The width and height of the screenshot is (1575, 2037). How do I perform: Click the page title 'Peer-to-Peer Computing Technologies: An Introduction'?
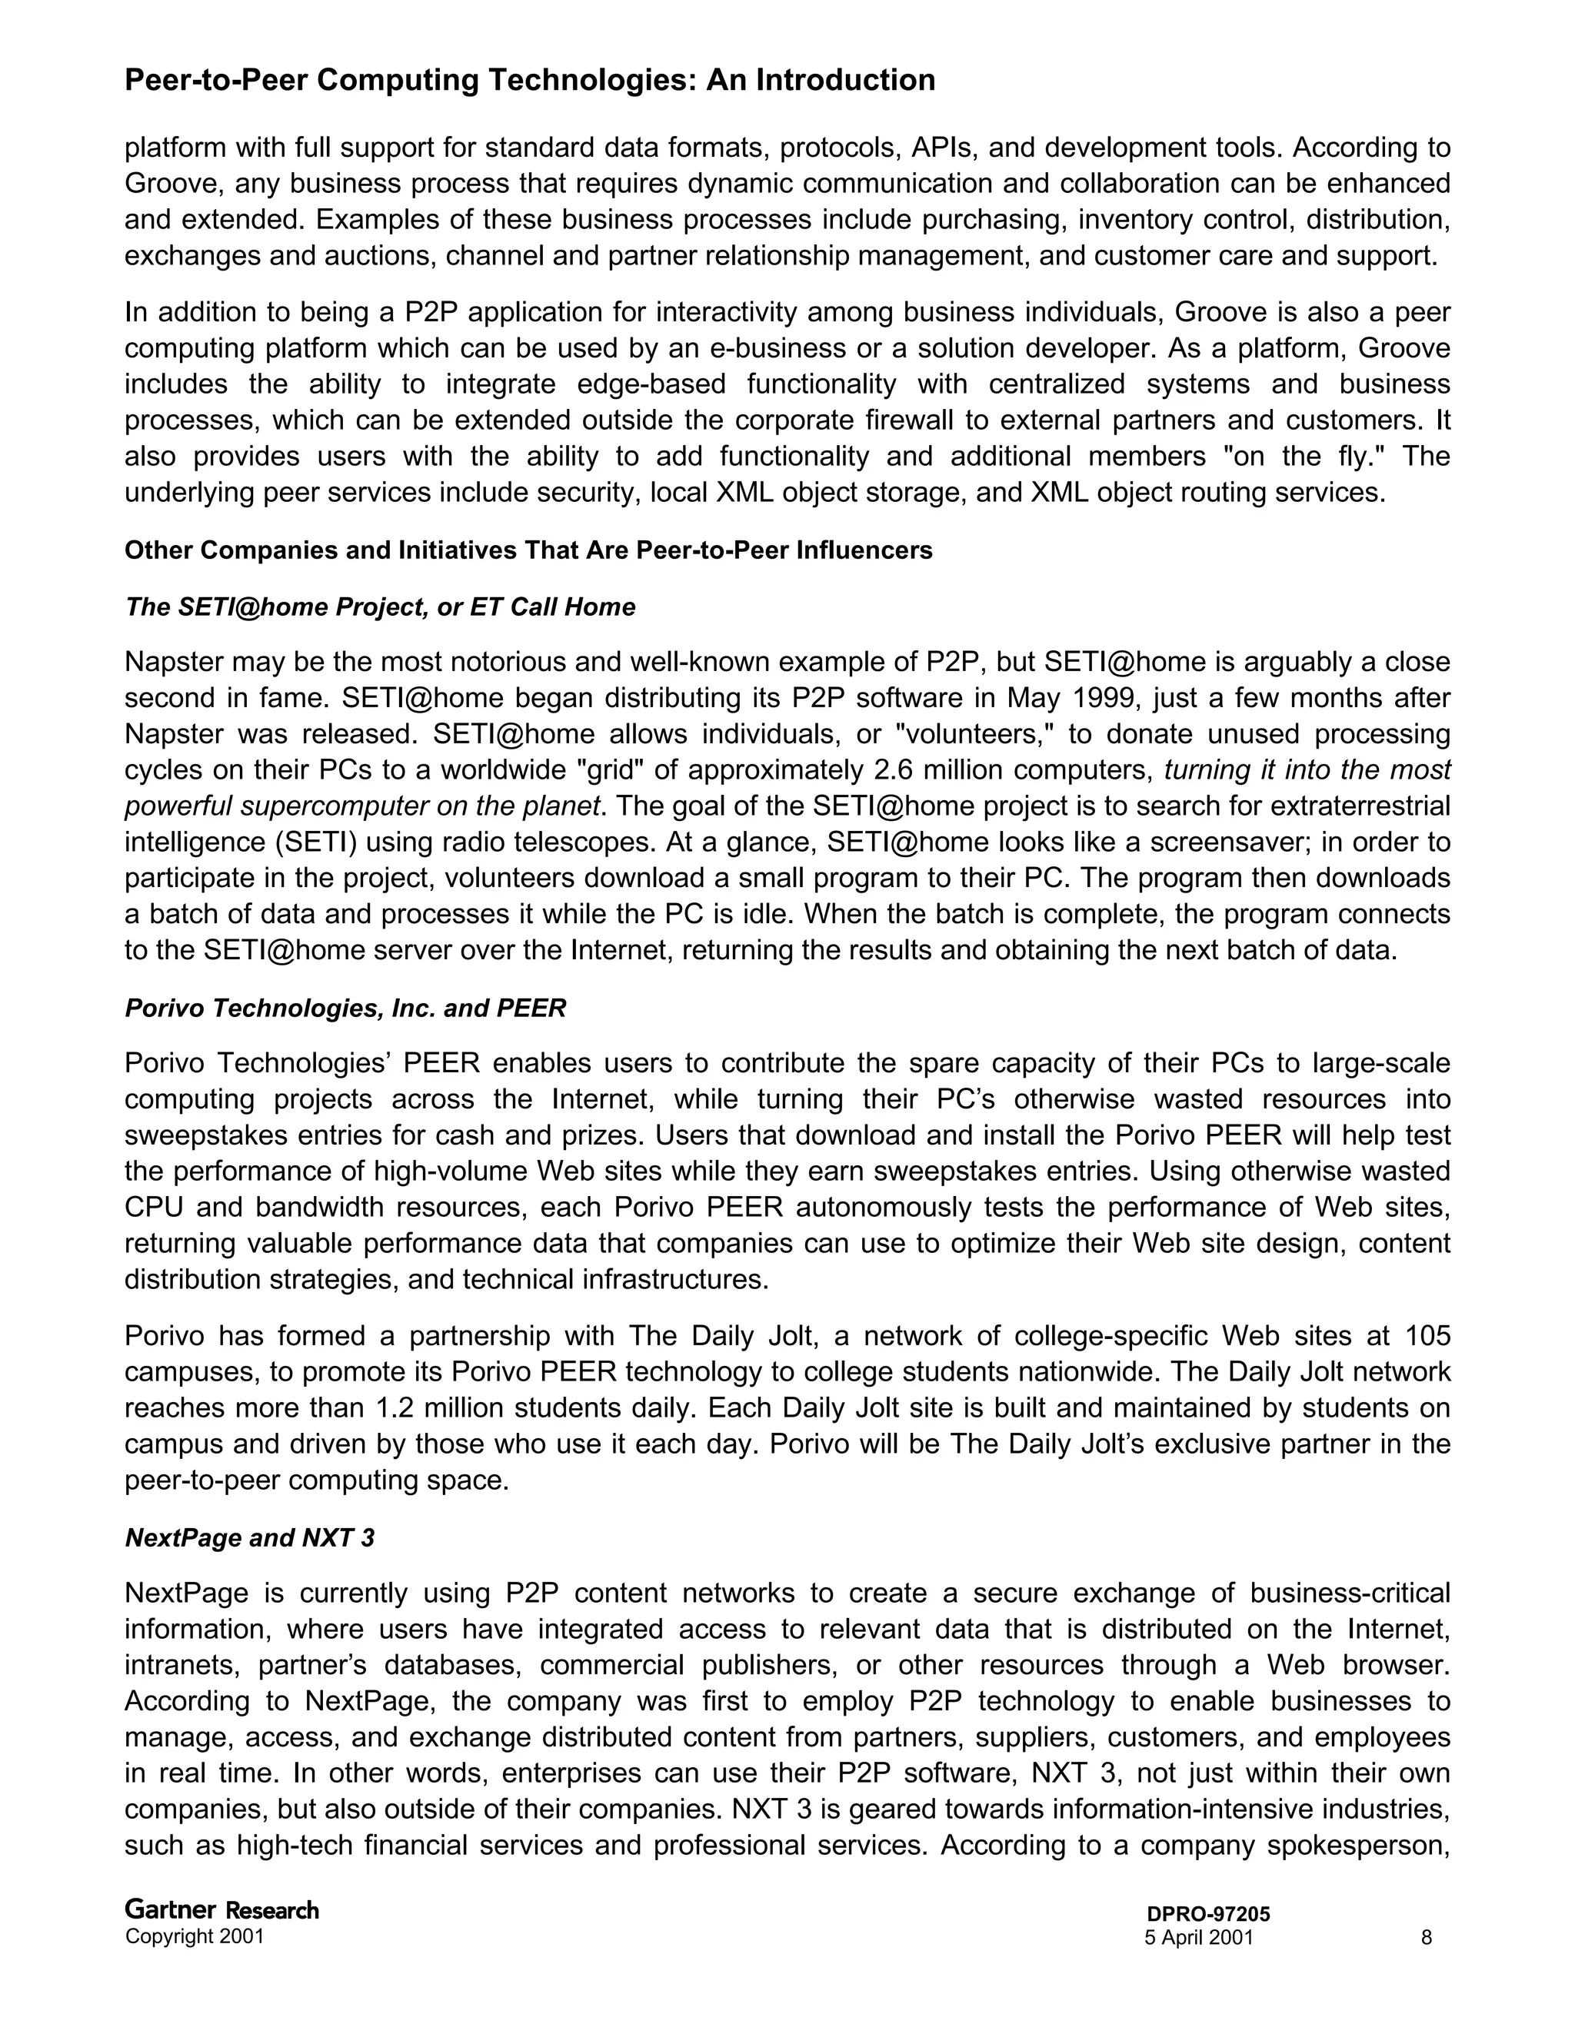(x=529, y=80)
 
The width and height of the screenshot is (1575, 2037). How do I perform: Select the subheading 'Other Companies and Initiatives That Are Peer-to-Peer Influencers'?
(x=528, y=550)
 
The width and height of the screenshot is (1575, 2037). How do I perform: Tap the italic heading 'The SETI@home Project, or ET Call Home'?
(x=380, y=607)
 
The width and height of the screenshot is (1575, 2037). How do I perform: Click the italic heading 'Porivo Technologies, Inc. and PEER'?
(x=345, y=1009)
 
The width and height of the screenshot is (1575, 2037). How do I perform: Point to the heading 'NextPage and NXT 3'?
(x=249, y=1538)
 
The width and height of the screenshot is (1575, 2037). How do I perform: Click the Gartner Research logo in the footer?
(x=221, y=1910)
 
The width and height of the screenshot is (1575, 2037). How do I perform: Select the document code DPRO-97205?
(x=1208, y=1914)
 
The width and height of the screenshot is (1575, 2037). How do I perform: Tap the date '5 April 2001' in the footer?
(x=1198, y=1937)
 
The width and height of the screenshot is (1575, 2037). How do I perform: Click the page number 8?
(x=1426, y=1937)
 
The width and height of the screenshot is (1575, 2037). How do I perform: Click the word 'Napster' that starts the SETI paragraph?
(x=174, y=662)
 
